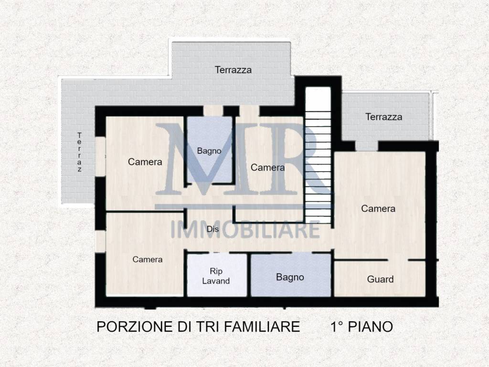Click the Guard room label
pos(380,279)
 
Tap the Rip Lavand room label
pos(216,276)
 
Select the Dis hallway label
pos(213,229)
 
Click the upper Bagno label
pos(209,151)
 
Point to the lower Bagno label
pos(290,277)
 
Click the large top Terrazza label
pos(233,70)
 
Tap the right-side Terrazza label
pos(383,117)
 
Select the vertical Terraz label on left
pos(80,152)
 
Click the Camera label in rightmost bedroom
pos(378,208)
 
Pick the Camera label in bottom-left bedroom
pos(148,259)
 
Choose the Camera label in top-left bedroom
pos(145,162)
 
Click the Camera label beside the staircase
pos(267,168)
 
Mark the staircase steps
pos(318,158)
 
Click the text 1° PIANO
pos(361,327)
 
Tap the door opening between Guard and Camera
pos(397,260)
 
